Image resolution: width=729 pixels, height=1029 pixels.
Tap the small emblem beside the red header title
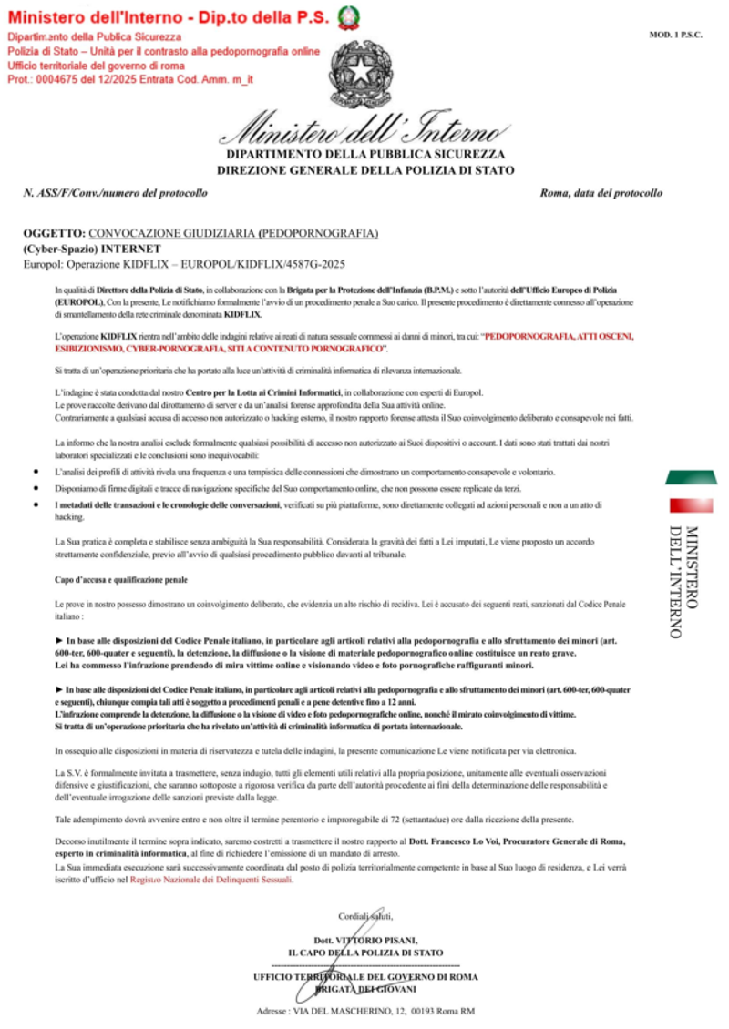pos(347,15)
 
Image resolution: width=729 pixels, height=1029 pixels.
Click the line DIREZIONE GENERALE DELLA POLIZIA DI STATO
pos(365,170)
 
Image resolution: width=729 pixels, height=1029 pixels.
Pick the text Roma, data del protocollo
pos(601,193)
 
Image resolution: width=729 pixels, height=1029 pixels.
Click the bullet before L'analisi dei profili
pos(35,473)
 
